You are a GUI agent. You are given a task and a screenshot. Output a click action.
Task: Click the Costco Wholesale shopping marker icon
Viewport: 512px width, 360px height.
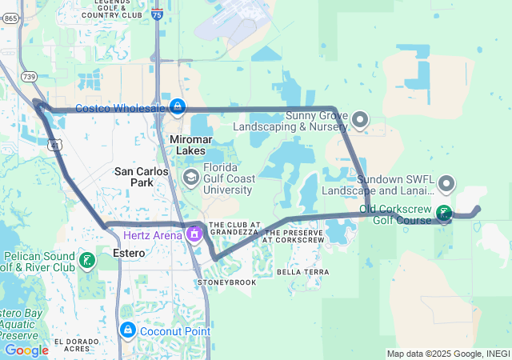tap(176, 107)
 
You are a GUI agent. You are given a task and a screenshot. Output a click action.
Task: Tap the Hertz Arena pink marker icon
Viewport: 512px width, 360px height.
tap(193, 234)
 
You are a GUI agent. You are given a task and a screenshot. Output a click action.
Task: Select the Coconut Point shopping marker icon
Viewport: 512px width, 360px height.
tap(127, 330)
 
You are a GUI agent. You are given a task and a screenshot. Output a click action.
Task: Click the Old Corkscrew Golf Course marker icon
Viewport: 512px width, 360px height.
tap(443, 214)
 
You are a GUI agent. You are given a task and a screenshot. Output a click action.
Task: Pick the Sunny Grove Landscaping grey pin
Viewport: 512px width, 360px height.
tap(360, 120)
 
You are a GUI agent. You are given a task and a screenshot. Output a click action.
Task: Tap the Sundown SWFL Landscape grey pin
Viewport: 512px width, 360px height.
tap(446, 185)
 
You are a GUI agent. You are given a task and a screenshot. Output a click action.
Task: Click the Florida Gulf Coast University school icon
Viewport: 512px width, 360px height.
tap(191, 177)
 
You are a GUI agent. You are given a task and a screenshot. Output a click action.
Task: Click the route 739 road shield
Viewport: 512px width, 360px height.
tap(30, 77)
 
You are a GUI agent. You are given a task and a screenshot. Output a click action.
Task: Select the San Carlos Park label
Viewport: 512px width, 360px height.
tap(142, 177)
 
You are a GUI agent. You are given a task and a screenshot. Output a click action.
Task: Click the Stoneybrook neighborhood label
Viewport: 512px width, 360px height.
tap(226, 282)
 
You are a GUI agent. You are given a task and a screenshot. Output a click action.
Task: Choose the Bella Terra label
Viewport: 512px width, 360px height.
tap(303, 272)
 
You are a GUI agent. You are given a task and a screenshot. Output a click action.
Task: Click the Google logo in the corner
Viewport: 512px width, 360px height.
tap(26, 350)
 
